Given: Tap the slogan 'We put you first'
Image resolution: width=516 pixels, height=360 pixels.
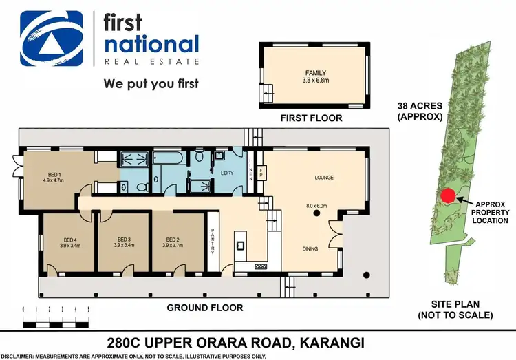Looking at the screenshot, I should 150,85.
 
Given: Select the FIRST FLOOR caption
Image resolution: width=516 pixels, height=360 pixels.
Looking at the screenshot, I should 310,118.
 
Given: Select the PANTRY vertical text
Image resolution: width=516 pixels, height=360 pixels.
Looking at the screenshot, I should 213,241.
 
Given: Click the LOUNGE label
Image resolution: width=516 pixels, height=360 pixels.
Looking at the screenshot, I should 323,178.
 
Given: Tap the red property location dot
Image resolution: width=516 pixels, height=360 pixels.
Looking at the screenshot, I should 447,196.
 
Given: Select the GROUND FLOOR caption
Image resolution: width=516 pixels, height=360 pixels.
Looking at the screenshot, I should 205,308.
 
